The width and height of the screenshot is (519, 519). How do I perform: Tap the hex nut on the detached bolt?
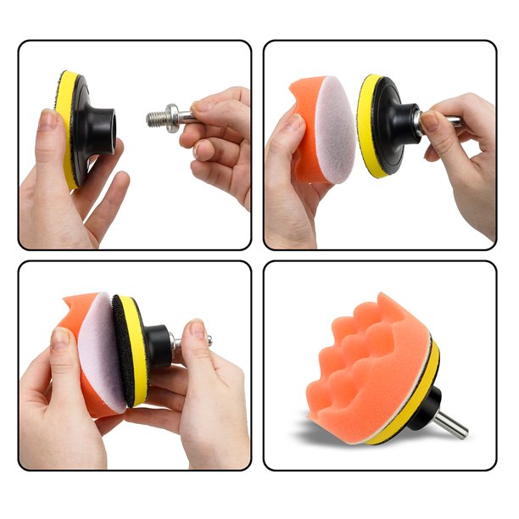tap(172, 115)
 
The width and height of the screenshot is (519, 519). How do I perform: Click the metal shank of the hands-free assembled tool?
tap(454, 424)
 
